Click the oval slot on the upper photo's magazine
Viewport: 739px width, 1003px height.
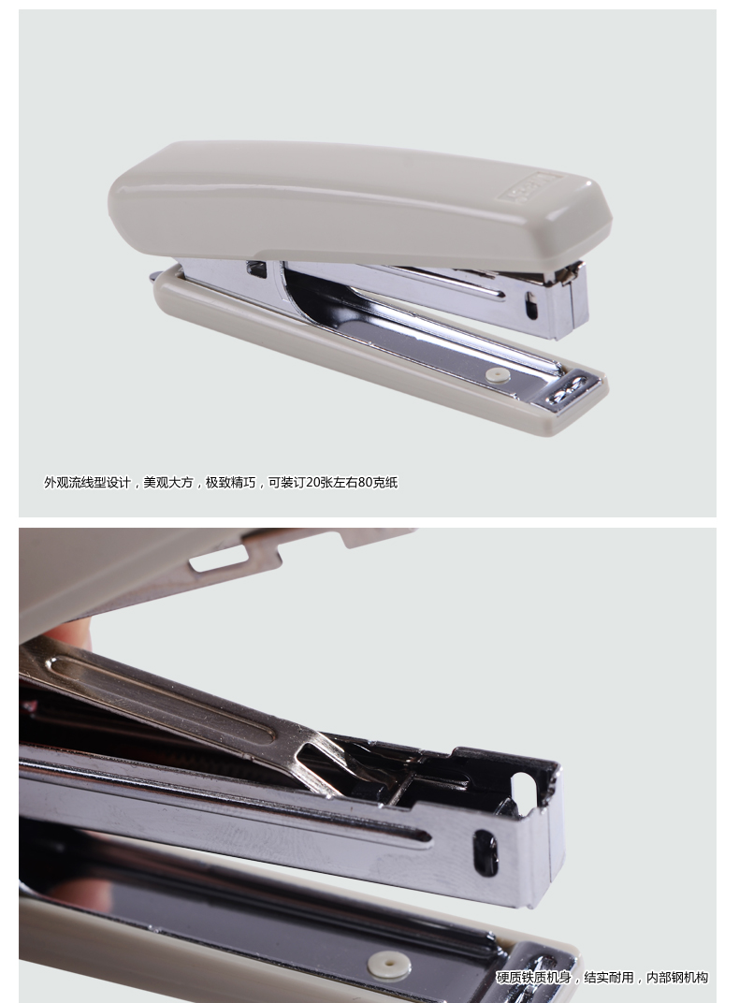(531, 306)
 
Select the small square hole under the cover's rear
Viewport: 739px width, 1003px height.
(257, 269)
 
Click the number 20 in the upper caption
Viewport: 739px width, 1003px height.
(312, 482)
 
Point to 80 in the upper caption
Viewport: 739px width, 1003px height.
(365, 482)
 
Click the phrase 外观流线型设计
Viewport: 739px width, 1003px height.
(87, 482)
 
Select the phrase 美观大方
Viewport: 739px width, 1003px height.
(168, 482)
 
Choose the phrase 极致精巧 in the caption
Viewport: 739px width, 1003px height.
(230, 482)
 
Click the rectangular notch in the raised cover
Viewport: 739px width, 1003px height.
(217, 559)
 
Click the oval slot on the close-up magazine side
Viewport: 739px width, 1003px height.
(485, 852)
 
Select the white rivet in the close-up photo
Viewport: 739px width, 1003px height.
(389, 965)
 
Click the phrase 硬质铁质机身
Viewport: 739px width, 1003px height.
(534, 978)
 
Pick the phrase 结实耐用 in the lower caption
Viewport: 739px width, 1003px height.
(609, 978)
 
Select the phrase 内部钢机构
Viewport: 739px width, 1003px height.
(677, 978)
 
